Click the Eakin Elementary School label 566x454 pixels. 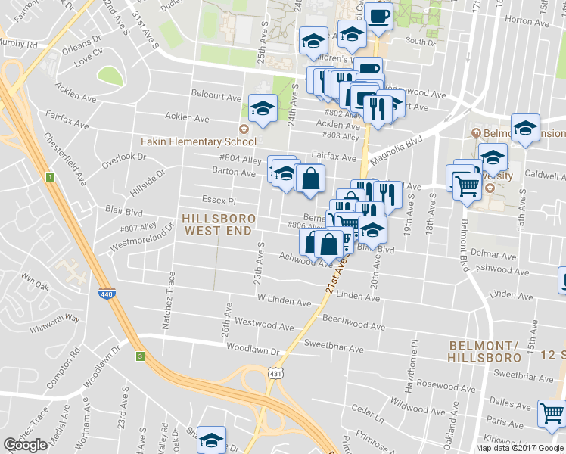[198, 141]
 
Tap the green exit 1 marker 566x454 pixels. [49, 177]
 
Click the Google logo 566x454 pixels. [26, 445]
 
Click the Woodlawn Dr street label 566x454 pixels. [253, 350]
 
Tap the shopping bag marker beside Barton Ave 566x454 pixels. [310, 179]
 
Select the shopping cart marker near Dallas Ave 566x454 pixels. [551, 413]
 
